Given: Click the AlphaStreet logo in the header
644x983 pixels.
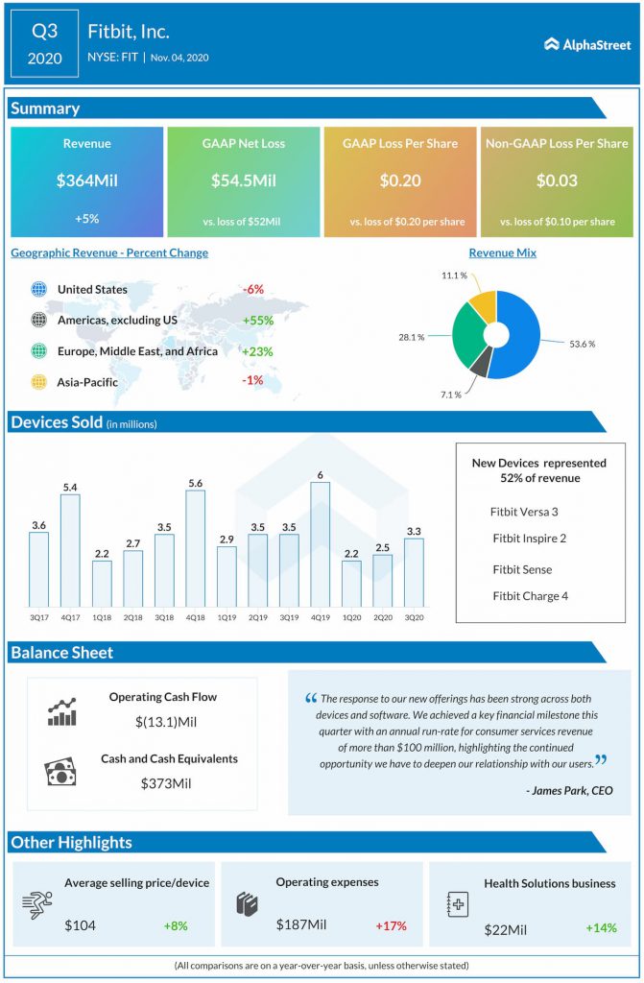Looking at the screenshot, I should [585, 43].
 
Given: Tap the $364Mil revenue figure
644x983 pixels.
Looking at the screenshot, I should [87, 180].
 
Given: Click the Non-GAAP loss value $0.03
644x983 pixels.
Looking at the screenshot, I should [557, 180].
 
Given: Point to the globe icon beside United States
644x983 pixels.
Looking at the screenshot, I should [38, 289].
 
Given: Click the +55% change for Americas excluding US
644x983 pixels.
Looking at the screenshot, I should [258, 320].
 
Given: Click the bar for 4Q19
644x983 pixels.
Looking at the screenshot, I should [321, 543].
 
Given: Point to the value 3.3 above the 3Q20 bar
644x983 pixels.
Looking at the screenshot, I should [413, 530].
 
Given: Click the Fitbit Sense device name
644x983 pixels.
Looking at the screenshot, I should [522, 569].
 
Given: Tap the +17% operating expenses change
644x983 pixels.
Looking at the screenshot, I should [391, 926].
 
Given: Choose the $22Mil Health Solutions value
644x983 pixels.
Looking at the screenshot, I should [504, 927].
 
